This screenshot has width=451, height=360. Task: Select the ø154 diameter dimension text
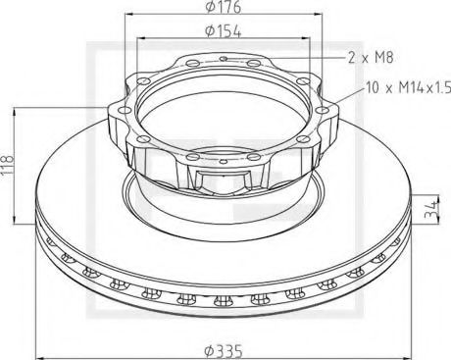pyautogui.click(x=225, y=32)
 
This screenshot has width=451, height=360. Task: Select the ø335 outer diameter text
pyautogui.click(x=225, y=347)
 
